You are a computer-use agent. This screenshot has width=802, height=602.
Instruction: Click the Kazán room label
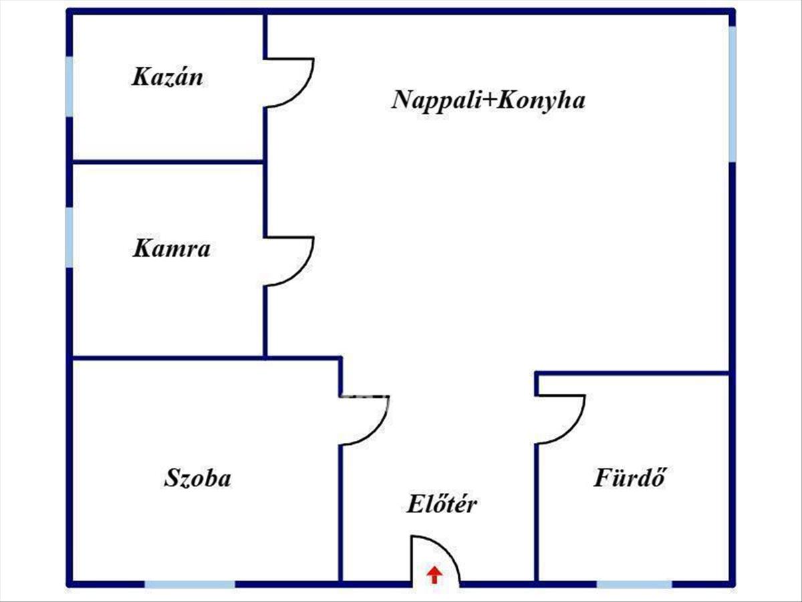pos(167,77)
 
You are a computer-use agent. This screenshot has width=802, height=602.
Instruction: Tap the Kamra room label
pos(171,248)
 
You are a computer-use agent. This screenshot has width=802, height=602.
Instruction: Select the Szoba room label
pos(198,478)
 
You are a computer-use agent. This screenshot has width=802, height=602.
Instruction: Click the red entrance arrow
pos(434,575)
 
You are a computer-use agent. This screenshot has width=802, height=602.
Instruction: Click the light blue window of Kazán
pos(69,87)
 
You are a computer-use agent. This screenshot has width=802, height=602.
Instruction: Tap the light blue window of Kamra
pos(69,237)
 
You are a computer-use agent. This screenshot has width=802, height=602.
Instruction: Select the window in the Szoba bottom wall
pos(190,584)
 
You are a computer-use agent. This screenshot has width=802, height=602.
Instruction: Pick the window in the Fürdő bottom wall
pos(634,584)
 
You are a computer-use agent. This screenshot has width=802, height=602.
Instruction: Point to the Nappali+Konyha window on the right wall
pos(732,94)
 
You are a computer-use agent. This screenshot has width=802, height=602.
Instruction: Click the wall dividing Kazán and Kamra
pos(168,162)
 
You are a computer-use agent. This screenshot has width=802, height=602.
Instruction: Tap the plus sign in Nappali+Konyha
pos(490,100)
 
